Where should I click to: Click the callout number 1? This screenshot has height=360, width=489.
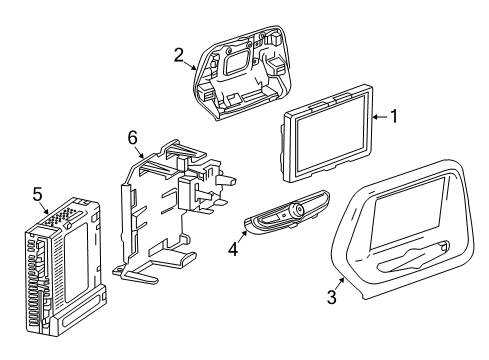tap(395, 117)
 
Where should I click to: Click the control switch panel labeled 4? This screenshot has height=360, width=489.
tap(281, 216)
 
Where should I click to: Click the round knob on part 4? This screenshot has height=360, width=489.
tap(297, 211)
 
